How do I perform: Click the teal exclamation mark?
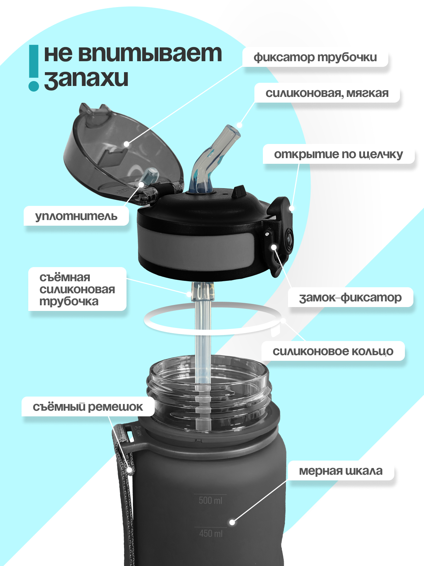point(34,67)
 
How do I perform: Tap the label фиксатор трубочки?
point(315,57)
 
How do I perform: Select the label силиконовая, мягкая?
point(327,93)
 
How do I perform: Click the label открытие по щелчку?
point(338,154)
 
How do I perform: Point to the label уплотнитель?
point(76,216)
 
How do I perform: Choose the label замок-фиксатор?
point(350,298)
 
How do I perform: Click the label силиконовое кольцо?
point(332,351)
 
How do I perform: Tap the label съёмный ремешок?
point(88,407)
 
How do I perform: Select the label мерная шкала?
point(341,471)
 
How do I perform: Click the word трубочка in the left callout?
point(69,301)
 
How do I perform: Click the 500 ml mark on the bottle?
point(210,500)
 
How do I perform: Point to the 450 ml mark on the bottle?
point(211,533)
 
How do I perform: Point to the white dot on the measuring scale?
point(232,522)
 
